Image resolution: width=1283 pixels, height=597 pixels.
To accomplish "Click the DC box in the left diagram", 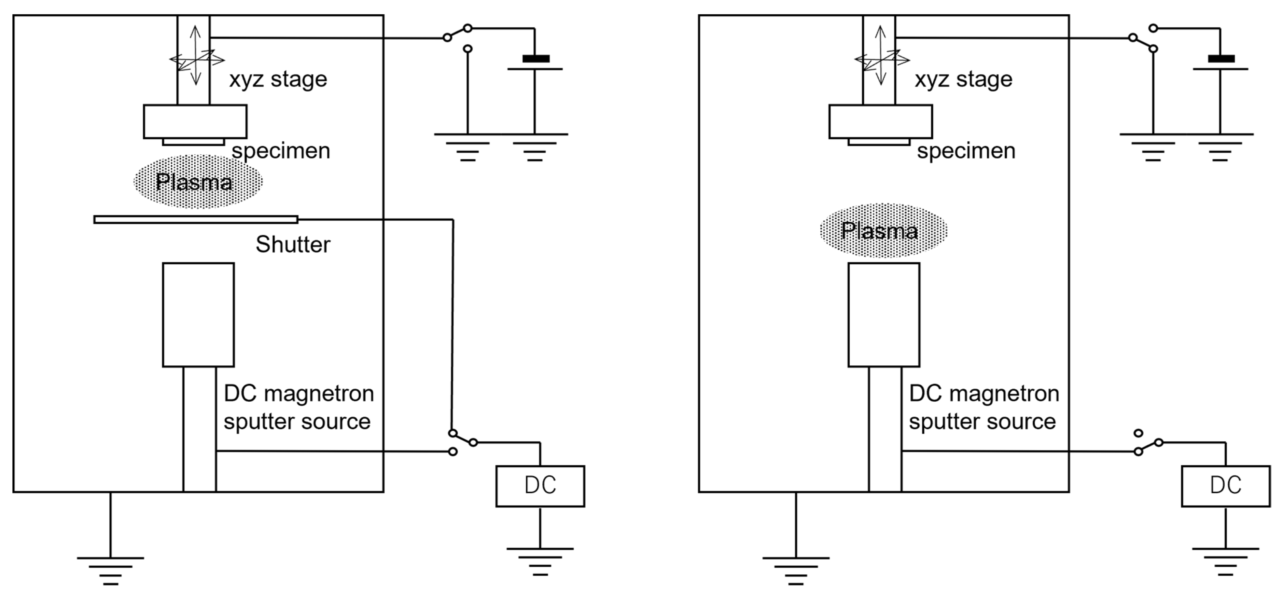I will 540,486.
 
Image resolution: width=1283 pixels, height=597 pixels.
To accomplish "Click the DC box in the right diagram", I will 1225,486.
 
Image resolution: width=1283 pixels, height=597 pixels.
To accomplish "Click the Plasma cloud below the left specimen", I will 198,182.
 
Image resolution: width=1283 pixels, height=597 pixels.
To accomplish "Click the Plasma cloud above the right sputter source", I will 883,230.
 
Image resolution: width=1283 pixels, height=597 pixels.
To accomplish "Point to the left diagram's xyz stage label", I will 278,79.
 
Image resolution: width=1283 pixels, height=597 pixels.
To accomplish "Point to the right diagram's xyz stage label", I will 963,79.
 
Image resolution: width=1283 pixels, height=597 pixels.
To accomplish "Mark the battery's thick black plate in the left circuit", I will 536,59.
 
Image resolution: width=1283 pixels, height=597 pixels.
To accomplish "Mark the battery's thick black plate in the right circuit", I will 1221,59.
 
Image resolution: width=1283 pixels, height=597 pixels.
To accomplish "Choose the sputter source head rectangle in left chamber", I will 198,315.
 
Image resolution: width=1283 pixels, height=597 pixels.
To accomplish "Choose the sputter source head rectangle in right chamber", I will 883,315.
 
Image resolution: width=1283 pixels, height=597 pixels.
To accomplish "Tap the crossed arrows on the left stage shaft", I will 196,59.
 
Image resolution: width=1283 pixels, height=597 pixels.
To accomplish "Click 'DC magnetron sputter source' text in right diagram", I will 984,407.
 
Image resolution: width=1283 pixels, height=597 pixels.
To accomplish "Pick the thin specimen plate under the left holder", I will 193,142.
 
